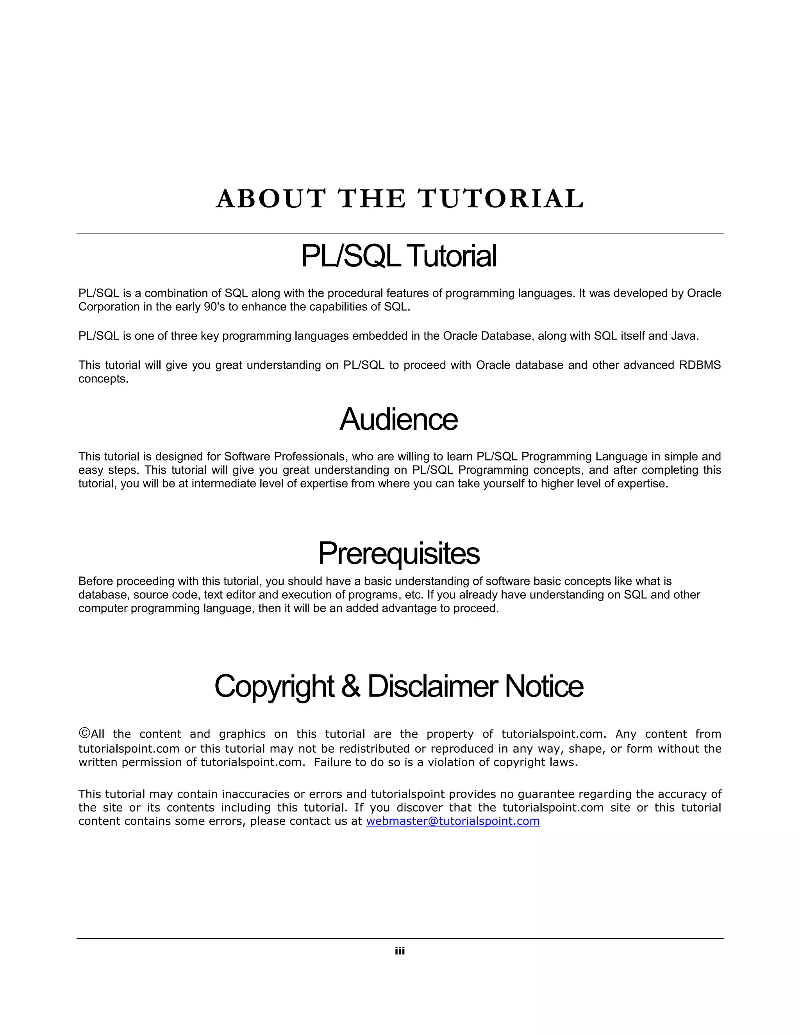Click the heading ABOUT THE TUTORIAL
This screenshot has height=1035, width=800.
(400, 198)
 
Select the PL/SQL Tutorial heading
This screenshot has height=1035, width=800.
(399, 256)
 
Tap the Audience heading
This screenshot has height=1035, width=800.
(398, 419)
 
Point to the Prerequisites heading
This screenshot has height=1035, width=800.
(398, 553)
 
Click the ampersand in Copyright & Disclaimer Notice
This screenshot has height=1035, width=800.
(350, 686)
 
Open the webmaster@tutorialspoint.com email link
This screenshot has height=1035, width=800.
(453, 821)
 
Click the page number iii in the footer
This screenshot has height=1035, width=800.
(400, 951)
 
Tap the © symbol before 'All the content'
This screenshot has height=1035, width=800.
(84, 733)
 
